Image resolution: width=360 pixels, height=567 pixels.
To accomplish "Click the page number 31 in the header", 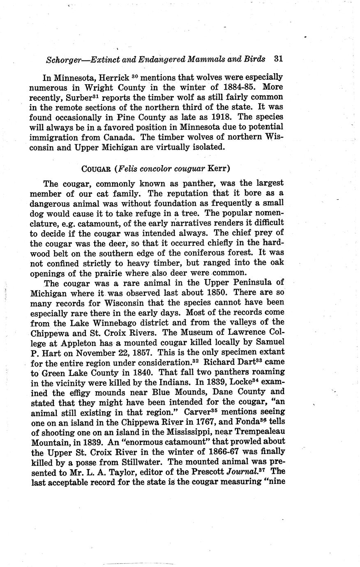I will point(278,59).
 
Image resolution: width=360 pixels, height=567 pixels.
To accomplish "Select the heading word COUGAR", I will point(97,169).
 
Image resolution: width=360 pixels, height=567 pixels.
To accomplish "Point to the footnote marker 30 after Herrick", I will point(134,76).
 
